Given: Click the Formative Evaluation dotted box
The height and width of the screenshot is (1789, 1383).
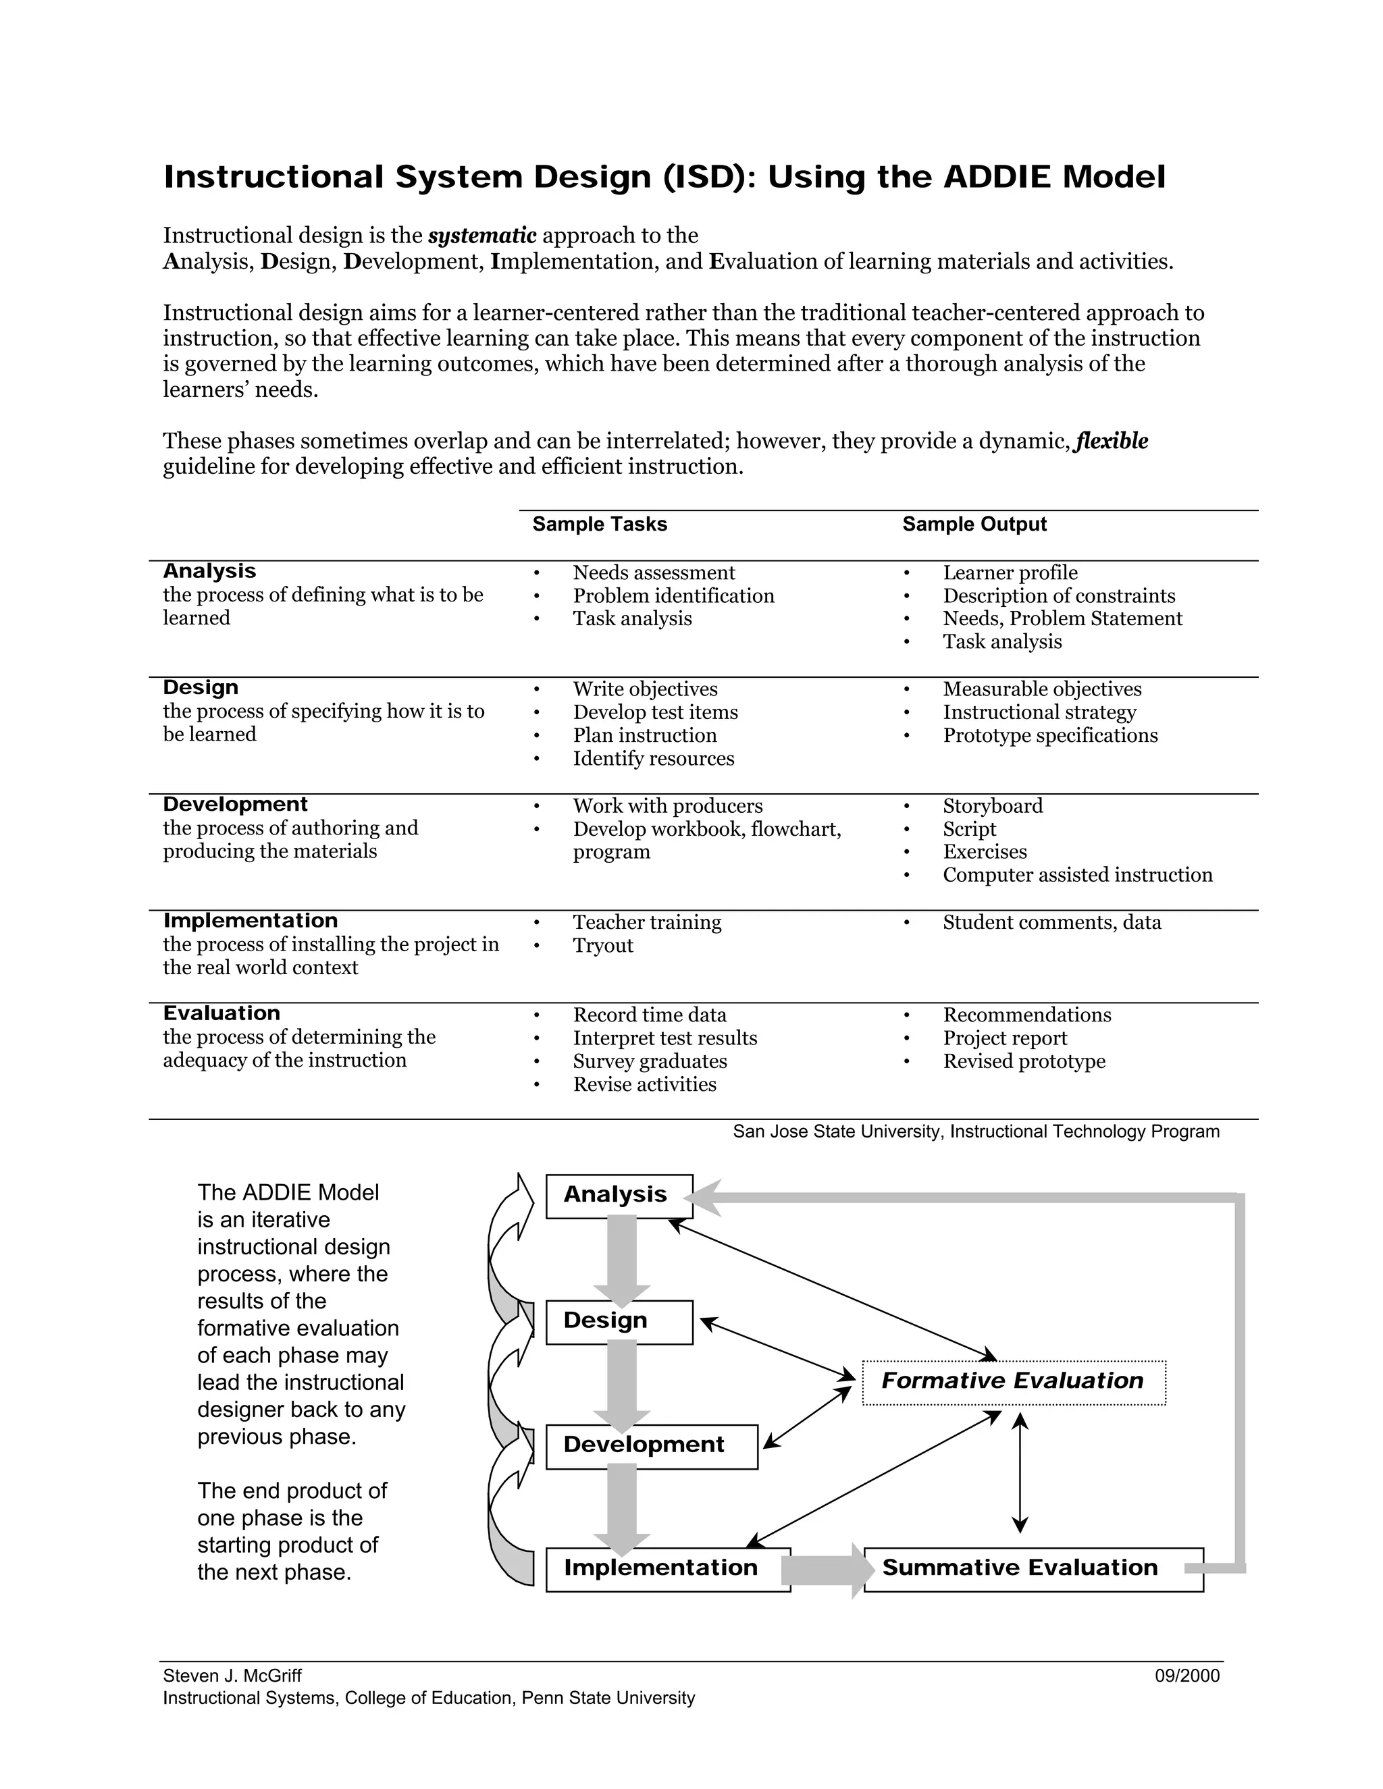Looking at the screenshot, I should pyautogui.click(x=1014, y=1383).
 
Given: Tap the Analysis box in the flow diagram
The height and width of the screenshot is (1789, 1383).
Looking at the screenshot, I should pyautogui.click(x=619, y=1196).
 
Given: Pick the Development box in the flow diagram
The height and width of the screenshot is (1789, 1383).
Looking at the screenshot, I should pyautogui.click(x=652, y=1447).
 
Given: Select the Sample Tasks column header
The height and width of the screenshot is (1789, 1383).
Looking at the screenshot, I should pyautogui.click(x=600, y=525).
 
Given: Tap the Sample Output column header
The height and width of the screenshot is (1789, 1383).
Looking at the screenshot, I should pyautogui.click(x=974, y=525).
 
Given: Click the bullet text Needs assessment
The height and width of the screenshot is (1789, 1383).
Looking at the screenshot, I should pyautogui.click(x=654, y=572).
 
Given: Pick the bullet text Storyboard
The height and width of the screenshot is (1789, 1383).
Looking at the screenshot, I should pyautogui.click(x=993, y=806).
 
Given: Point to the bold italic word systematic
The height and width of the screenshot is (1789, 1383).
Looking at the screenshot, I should pyautogui.click(x=481, y=236).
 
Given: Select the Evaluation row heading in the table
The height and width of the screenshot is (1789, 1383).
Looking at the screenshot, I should pyautogui.click(x=221, y=1013).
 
